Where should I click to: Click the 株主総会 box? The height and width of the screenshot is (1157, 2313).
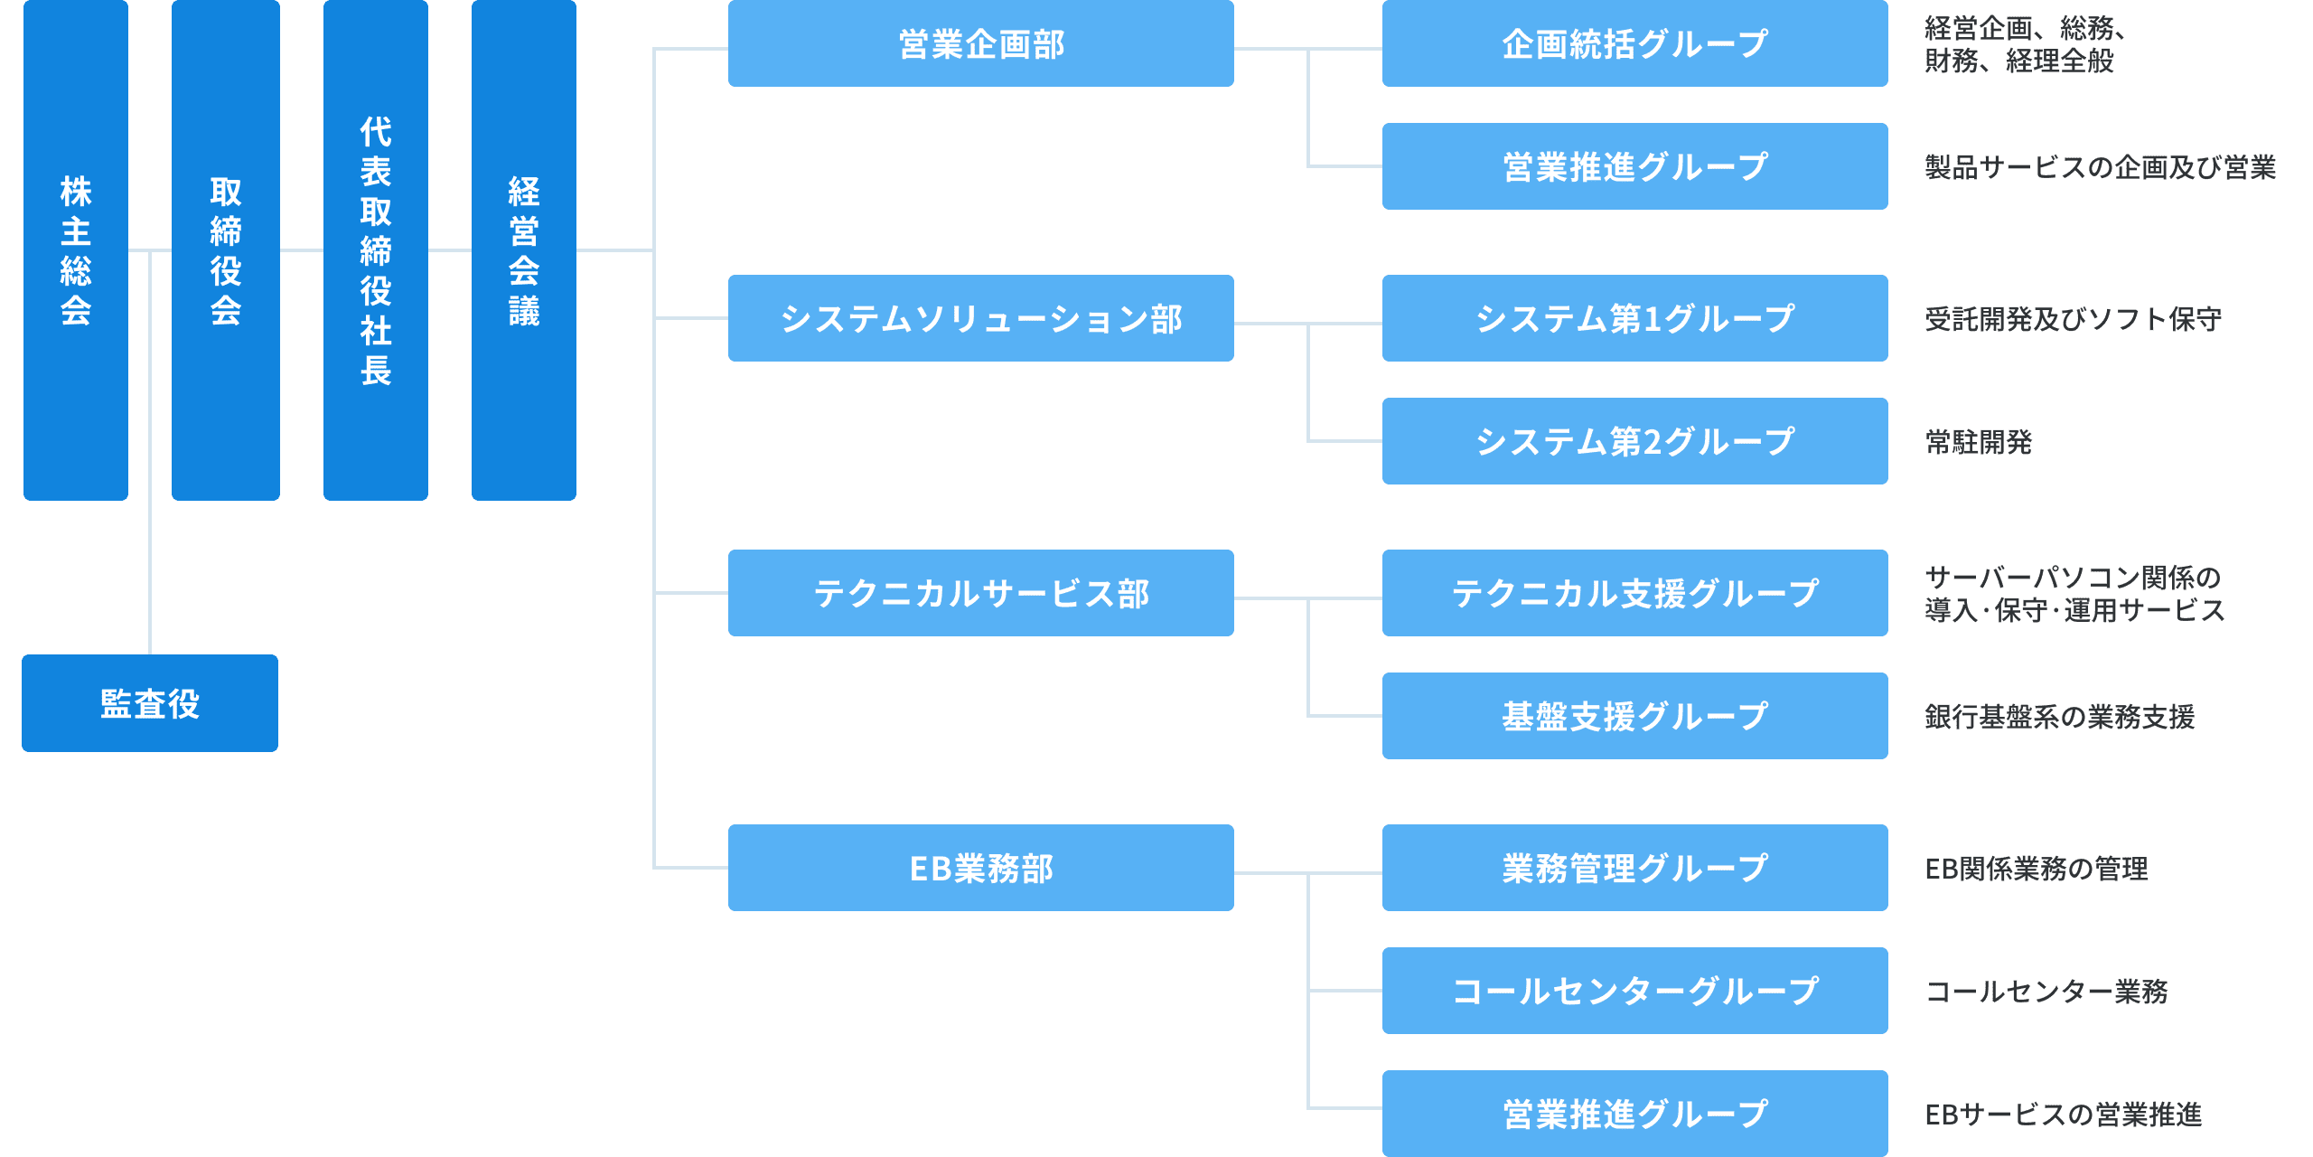[75, 249]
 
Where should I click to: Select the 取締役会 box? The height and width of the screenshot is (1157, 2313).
[225, 249]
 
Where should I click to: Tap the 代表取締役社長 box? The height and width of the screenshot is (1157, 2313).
[375, 249]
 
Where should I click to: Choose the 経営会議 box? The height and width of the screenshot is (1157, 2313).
[523, 249]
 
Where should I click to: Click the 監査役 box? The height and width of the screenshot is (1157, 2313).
[150, 703]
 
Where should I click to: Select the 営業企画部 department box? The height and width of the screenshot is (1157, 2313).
[980, 43]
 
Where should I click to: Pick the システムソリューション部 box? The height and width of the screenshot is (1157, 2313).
[980, 318]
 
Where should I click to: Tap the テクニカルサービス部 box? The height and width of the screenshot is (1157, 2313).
[980, 593]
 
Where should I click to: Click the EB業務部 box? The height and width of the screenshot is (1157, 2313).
[980, 868]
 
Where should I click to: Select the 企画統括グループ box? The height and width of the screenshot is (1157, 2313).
[1634, 43]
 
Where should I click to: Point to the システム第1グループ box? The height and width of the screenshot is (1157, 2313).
[1634, 318]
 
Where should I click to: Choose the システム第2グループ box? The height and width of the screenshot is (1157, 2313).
[1634, 441]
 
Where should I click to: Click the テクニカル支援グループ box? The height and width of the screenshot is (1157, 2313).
[1634, 593]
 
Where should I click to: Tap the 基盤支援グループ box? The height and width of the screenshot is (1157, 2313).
[1634, 716]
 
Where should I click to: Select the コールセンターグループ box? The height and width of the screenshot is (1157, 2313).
[1634, 991]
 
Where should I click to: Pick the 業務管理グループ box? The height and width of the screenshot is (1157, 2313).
[1634, 868]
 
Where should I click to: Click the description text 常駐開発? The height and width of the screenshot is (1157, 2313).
[1978, 442]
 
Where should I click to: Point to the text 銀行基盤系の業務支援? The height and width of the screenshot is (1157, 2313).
[2059, 717]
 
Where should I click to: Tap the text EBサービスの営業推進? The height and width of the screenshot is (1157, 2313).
[2063, 1115]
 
